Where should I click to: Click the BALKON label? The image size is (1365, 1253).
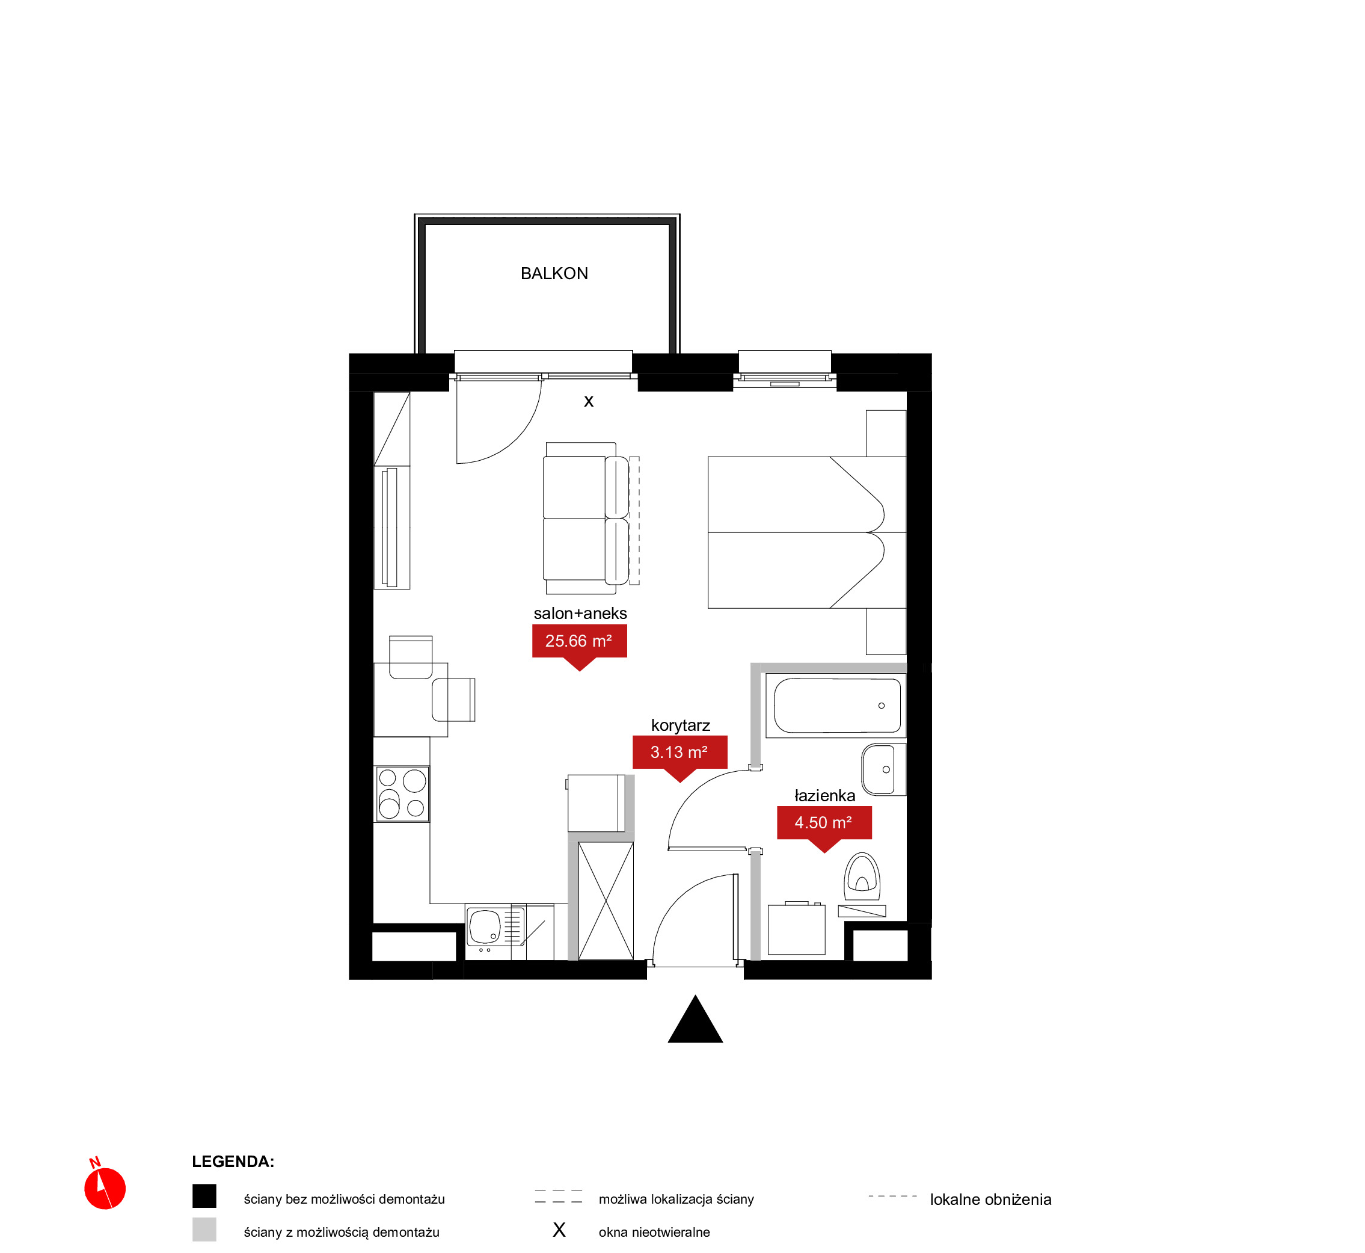coord(554,273)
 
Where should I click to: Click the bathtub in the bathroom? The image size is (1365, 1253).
coord(836,705)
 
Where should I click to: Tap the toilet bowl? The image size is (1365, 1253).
coord(862,876)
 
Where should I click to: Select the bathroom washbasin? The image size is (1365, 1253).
coord(884,769)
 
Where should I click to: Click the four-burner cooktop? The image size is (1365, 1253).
coord(402,793)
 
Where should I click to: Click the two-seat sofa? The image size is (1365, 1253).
coord(586,518)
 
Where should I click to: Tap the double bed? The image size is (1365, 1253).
coord(806,532)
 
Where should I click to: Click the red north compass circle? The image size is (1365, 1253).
coord(105,1188)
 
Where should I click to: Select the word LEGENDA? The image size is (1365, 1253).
coord(233,1162)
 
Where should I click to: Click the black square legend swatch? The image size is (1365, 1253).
coord(204,1196)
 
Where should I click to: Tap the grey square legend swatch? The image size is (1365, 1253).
coord(204,1230)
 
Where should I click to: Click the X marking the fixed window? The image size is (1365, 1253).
coord(588,401)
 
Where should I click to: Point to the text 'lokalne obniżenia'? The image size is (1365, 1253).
coord(990,1199)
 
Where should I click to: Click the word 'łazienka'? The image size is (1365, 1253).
coord(824,795)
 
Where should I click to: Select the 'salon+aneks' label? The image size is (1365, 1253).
coord(580,613)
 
